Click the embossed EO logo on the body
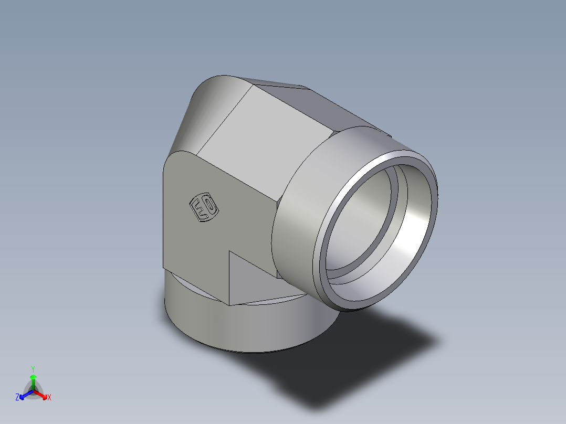click(x=203, y=208)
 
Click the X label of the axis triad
click(x=49, y=398)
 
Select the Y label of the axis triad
click(x=33, y=368)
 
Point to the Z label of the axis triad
click(x=17, y=398)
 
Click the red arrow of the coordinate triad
click(x=42, y=394)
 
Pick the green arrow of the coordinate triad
click(x=33, y=380)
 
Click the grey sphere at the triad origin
click(x=33, y=391)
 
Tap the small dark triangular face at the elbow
click(x=247, y=278)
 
